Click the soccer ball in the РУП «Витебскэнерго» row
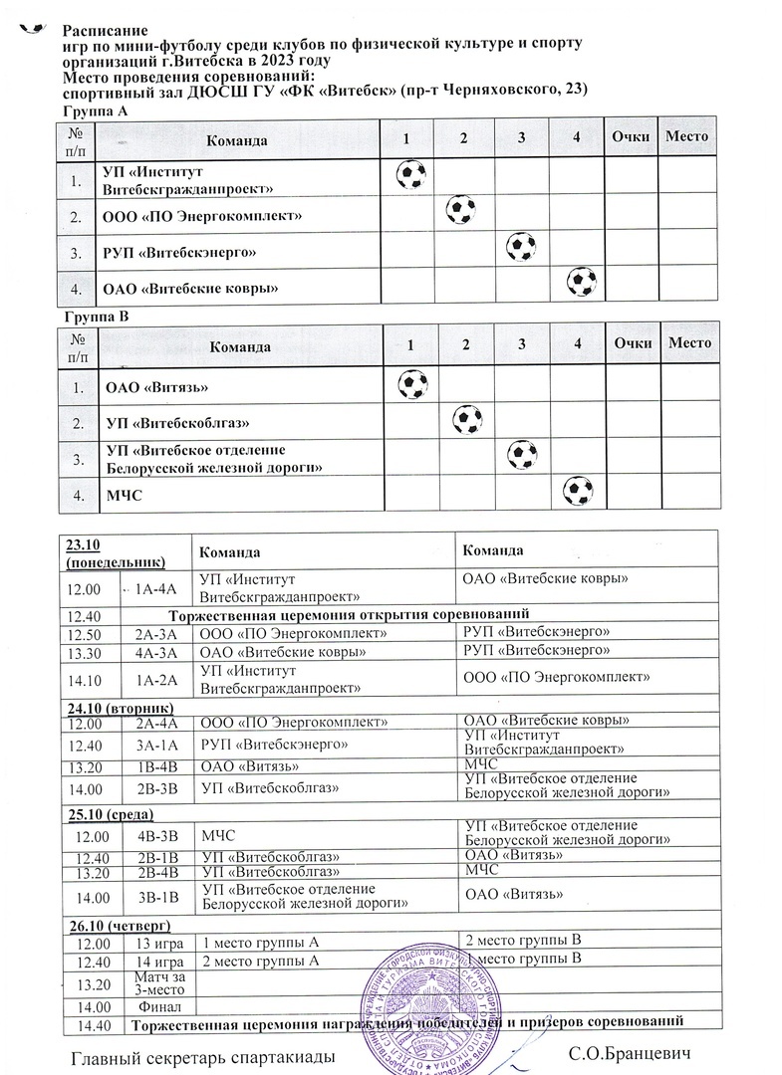coord(521,246)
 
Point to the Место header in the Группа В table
coord(690,343)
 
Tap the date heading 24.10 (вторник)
coord(113,706)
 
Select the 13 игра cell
coord(157,942)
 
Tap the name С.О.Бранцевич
coord(628,1054)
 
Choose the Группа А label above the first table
coord(95,112)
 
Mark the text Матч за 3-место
coord(157,983)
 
